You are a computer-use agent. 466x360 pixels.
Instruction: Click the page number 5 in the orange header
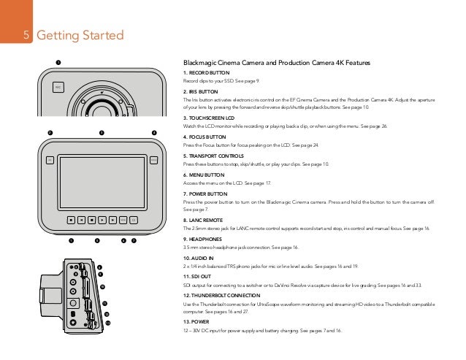26,36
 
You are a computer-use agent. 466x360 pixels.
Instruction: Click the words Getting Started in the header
80,36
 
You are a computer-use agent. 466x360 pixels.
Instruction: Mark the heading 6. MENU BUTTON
202,173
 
